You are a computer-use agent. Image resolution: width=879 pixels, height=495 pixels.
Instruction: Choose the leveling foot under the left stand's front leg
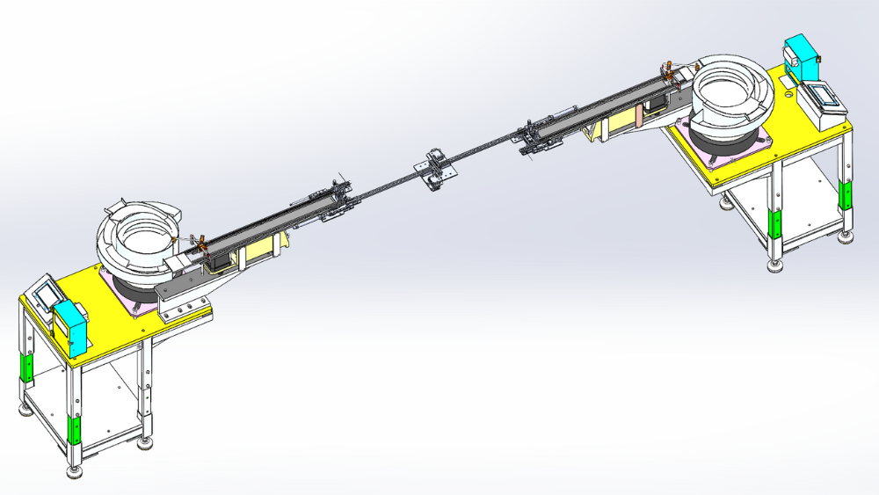(x=75, y=472)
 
